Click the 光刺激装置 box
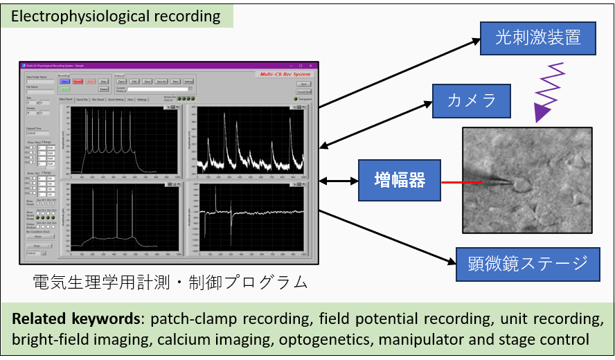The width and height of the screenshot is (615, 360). pyautogui.click(x=537, y=37)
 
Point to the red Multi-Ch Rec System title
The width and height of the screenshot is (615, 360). pyautogui.click(x=284, y=74)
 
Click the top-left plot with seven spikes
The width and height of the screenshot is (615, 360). pyautogui.click(x=121, y=141)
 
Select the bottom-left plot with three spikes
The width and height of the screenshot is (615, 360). pyautogui.click(x=121, y=217)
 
